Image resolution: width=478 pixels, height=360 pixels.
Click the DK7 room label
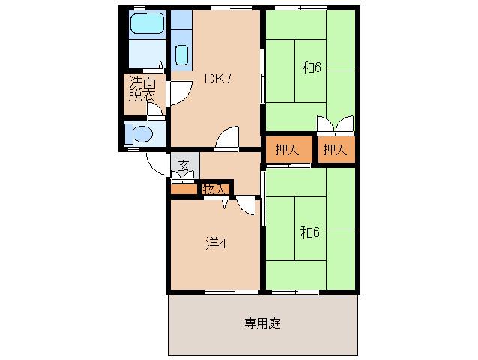(x=218, y=79)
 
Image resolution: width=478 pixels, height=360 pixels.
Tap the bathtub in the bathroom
(x=148, y=23)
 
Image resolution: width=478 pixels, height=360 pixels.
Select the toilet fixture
(x=139, y=134)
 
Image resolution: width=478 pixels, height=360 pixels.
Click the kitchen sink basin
(x=182, y=55)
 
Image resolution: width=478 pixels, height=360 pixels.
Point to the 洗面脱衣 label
(x=142, y=88)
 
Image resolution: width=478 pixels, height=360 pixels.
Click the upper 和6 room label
(x=311, y=67)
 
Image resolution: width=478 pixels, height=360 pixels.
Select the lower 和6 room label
(x=309, y=232)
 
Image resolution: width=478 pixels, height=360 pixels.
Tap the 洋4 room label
(x=216, y=244)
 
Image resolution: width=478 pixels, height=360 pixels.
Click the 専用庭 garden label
(x=262, y=323)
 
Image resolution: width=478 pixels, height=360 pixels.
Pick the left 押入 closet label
(x=287, y=149)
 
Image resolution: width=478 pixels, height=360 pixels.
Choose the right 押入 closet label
(x=335, y=149)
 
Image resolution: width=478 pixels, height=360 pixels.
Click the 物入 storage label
(x=214, y=190)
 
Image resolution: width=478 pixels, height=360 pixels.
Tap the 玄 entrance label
(x=183, y=166)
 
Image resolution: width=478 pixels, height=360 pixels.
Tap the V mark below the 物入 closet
(x=225, y=205)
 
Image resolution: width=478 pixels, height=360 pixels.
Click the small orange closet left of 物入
(x=184, y=189)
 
